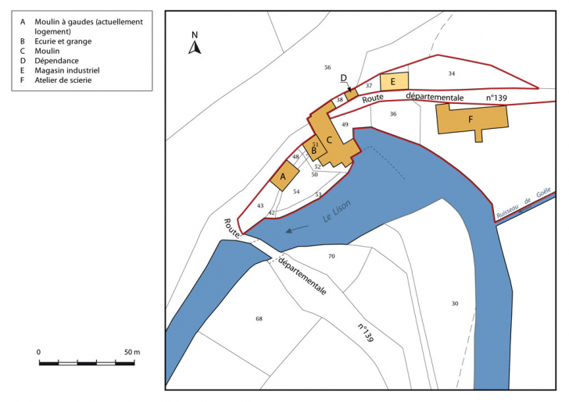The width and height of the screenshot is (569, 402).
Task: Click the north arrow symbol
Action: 195,46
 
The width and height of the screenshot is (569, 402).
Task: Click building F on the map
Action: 471,119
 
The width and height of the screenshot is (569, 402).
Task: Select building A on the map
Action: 281,177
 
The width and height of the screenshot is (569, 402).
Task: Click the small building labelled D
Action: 352,93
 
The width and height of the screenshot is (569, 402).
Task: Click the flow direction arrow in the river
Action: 296,229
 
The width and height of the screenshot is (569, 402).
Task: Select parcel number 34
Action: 451,73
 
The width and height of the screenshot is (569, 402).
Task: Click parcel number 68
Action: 259,318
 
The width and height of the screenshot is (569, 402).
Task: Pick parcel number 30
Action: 455,303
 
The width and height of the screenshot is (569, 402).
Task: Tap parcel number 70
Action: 331,256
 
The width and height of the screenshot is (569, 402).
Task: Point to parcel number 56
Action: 327,68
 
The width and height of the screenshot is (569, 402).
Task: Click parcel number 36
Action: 393,114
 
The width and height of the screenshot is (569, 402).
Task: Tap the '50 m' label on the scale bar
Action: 131,352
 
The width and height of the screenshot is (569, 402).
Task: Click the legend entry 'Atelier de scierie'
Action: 62,80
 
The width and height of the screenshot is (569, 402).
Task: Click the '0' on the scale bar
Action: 39,352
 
